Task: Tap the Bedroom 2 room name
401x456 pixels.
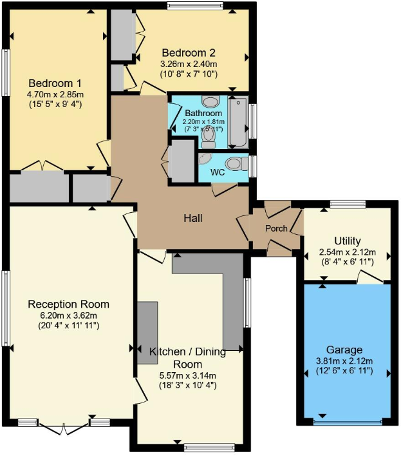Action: [x=188, y=53]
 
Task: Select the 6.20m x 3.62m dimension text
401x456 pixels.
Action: [x=68, y=315]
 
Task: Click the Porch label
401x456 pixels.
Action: [x=276, y=228]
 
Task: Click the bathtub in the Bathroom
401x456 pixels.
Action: [x=238, y=121]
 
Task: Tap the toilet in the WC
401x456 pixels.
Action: [x=236, y=164]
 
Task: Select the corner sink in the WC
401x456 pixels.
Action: [x=205, y=159]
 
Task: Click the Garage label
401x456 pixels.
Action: [x=344, y=350]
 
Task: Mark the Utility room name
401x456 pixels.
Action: [x=347, y=241]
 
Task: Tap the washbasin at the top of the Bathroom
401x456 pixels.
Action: [x=210, y=101]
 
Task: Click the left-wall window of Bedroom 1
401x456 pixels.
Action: [x=6, y=71]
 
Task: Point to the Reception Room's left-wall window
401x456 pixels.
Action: [x=6, y=308]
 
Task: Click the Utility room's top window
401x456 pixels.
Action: [x=348, y=205]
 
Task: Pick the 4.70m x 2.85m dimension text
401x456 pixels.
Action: [x=55, y=94]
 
